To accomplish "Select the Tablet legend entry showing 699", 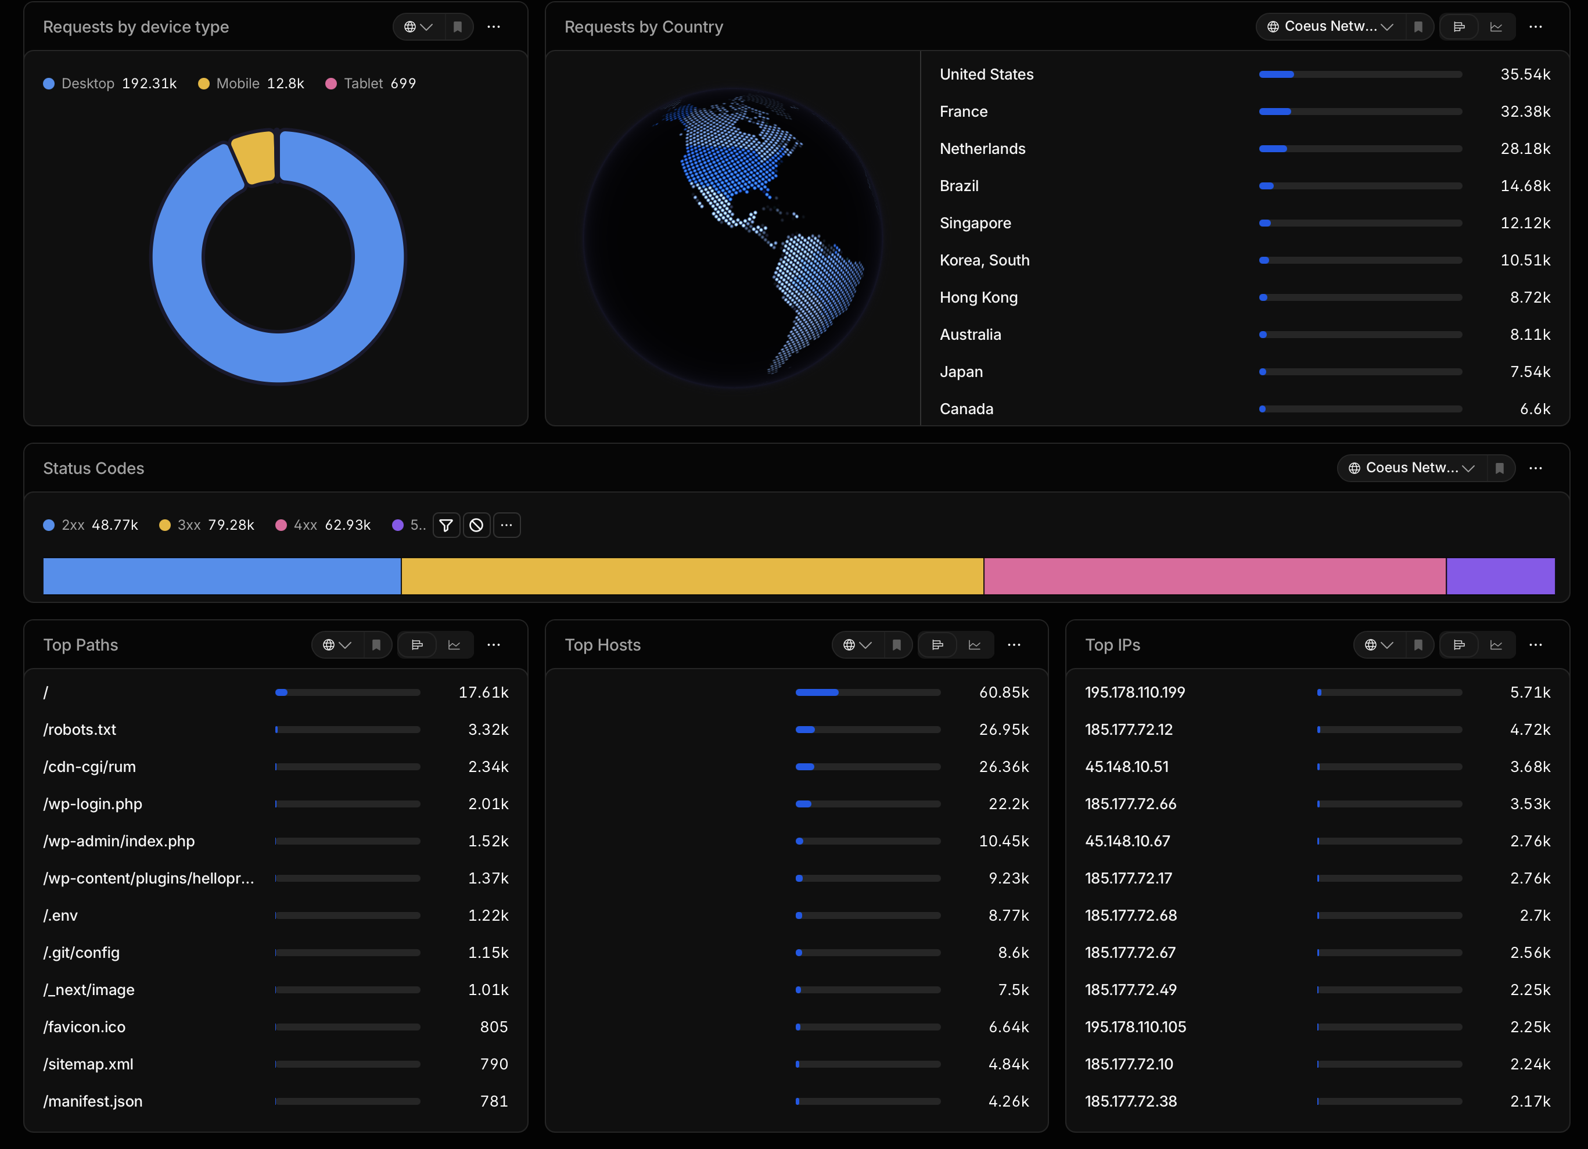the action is click(x=371, y=83).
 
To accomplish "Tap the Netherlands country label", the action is click(x=982, y=149).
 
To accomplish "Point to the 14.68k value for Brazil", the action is click(x=1525, y=185).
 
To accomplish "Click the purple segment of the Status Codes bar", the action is click(x=1500, y=576).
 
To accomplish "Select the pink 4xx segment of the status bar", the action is click(x=1215, y=576).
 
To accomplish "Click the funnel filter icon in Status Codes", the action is click(x=446, y=525).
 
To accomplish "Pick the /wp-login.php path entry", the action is click(x=92, y=804).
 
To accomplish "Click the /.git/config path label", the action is click(x=81, y=952).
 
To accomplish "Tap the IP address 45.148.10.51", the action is click(x=1127, y=767).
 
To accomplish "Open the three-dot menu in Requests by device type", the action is click(x=494, y=27).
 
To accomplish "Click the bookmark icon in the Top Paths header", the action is click(x=376, y=645).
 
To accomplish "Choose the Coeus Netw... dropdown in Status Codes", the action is click(x=1411, y=468).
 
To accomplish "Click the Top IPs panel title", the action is click(x=1112, y=645).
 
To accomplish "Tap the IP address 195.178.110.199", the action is click(x=1135, y=692).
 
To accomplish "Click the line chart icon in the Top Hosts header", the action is click(x=974, y=645).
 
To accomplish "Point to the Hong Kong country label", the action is click(x=978, y=297).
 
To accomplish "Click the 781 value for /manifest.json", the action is click(x=494, y=1101).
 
